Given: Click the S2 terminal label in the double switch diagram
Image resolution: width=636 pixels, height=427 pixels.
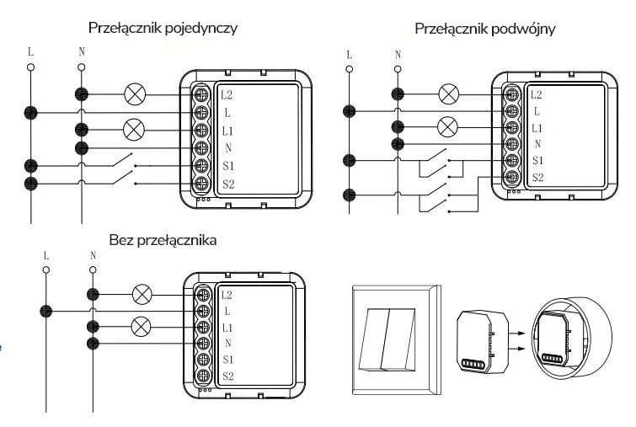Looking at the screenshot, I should (537, 178).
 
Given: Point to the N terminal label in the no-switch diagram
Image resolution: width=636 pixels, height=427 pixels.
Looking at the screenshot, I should (227, 343).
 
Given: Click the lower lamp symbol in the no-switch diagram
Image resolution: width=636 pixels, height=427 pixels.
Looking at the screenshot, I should (142, 326).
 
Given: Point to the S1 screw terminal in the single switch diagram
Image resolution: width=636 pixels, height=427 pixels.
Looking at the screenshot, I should (202, 165).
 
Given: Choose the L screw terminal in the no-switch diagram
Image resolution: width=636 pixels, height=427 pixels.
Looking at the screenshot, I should (203, 311).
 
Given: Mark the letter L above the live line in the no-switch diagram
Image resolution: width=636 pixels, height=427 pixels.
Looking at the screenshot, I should (47, 254).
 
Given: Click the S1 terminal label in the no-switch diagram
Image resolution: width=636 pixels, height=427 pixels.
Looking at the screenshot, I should (227, 359).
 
